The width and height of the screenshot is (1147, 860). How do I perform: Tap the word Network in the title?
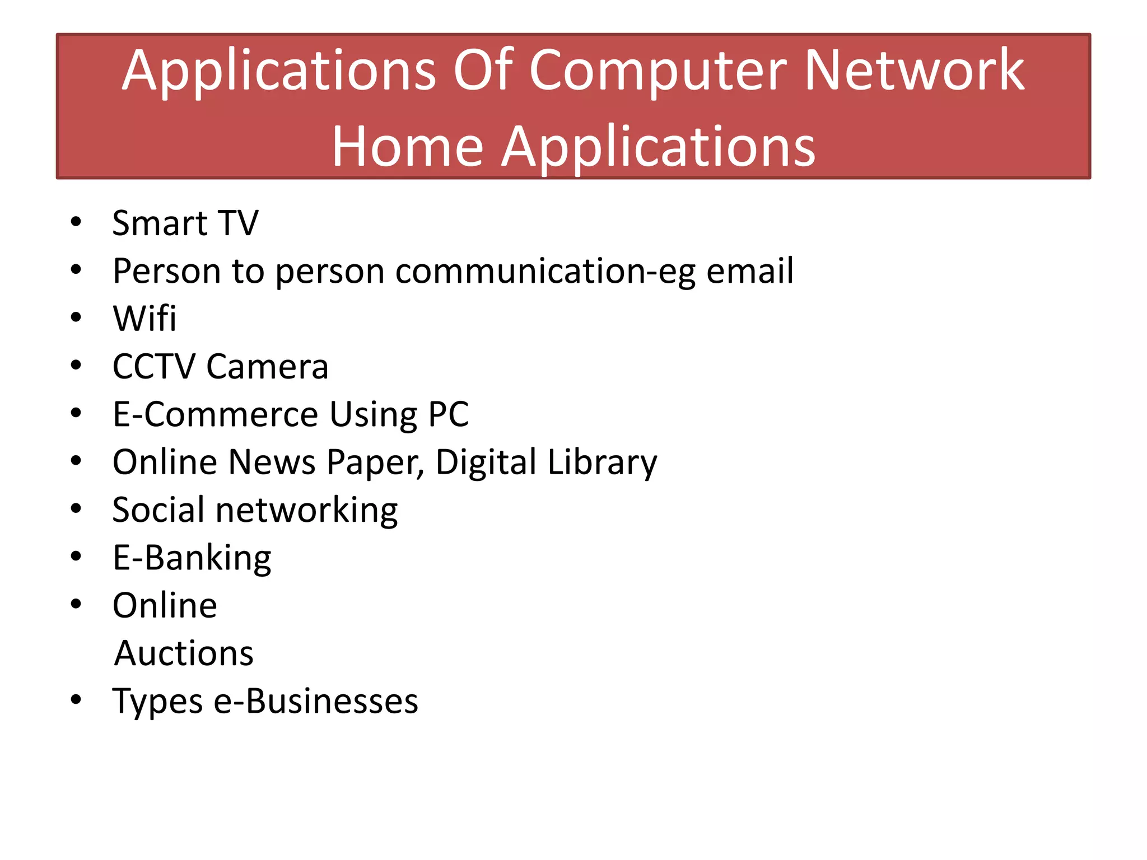(x=914, y=71)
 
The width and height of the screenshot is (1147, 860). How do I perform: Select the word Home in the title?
(x=408, y=147)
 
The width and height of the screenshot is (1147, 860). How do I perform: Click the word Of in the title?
(x=483, y=71)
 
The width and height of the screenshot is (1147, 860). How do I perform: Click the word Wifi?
(x=144, y=319)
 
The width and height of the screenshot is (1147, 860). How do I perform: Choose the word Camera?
(x=267, y=367)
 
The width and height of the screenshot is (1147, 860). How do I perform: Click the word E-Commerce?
(x=216, y=414)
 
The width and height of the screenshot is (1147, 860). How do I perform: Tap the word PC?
(x=448, y=414)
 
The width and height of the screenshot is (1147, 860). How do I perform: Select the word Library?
(x=602, y=464)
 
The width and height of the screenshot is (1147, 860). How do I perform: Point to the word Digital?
(x=486, y=464)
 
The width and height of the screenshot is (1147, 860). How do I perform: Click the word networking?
(x=306, y=511)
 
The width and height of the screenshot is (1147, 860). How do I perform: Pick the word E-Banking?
(x=192, y=559)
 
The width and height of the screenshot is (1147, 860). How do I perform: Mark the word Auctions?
(x=184, y=653)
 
